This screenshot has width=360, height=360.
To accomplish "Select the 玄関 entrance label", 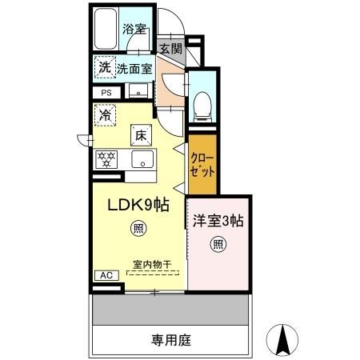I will pyautogui.click(x=170, y=48).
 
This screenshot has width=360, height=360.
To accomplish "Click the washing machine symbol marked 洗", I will pyautogui.click(x=104, y=68).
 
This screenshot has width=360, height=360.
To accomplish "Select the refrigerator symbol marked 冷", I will pyautogui.click(x=105, y=115).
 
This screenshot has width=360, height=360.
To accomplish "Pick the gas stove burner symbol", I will pyautogui.click(x=106, y=158).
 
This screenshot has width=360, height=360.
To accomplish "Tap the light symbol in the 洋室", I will pyautogui.click(x=216, y=245).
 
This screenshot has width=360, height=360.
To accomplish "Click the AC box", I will pyautogui.click(x=105, y=274).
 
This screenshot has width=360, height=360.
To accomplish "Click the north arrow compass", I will pyautogui.click(x=282, y=340).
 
